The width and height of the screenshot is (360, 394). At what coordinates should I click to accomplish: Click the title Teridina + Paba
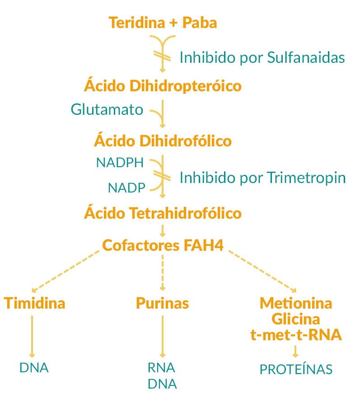click(163, 23)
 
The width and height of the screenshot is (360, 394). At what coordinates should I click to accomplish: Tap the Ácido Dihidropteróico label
click(163, 86)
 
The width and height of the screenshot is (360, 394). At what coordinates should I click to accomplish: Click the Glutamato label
click(107, 109)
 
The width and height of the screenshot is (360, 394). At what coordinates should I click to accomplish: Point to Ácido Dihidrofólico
click(163, 141)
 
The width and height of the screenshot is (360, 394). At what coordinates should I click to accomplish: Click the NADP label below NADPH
click(126, 188)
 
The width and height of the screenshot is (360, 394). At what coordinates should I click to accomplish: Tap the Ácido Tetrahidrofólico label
click(163, 213)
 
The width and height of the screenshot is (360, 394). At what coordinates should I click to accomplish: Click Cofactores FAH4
click(163, 245)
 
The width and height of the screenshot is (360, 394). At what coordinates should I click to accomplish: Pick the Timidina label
click(35, 303)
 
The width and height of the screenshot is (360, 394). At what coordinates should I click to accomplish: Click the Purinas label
click(162, 303)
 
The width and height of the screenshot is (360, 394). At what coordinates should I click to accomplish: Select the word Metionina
click(296, 303)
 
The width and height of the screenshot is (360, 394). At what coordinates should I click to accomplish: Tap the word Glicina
click(296, 319)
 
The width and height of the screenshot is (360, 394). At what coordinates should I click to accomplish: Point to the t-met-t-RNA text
click(296, 335)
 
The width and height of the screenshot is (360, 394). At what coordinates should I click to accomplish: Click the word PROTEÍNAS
click(296, 369)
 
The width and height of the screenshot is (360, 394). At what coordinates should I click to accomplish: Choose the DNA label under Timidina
click(34, 367)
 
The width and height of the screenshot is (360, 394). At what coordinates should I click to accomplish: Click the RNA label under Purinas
click(161, 367)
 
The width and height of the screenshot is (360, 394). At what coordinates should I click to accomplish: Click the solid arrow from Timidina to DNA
click(32, 337)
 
